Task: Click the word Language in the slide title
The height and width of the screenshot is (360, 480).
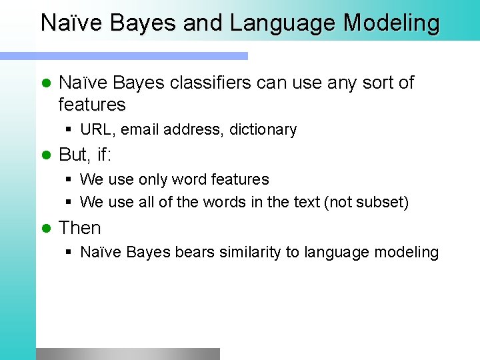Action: [x=283, y=23]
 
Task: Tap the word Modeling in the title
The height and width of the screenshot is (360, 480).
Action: [x=391, y=23]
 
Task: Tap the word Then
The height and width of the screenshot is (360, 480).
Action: [x=80, y=228]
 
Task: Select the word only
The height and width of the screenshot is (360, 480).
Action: [x=153, y=179]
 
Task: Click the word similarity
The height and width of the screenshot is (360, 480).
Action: [x=237, y=252]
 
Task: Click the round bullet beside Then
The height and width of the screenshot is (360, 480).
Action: [x=46, y=228]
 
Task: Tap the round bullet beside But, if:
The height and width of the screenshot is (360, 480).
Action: [x=46, y=155]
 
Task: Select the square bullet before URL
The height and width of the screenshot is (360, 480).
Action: [x=69, y=129]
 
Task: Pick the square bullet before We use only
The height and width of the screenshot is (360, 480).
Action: [x=69, y=179]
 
